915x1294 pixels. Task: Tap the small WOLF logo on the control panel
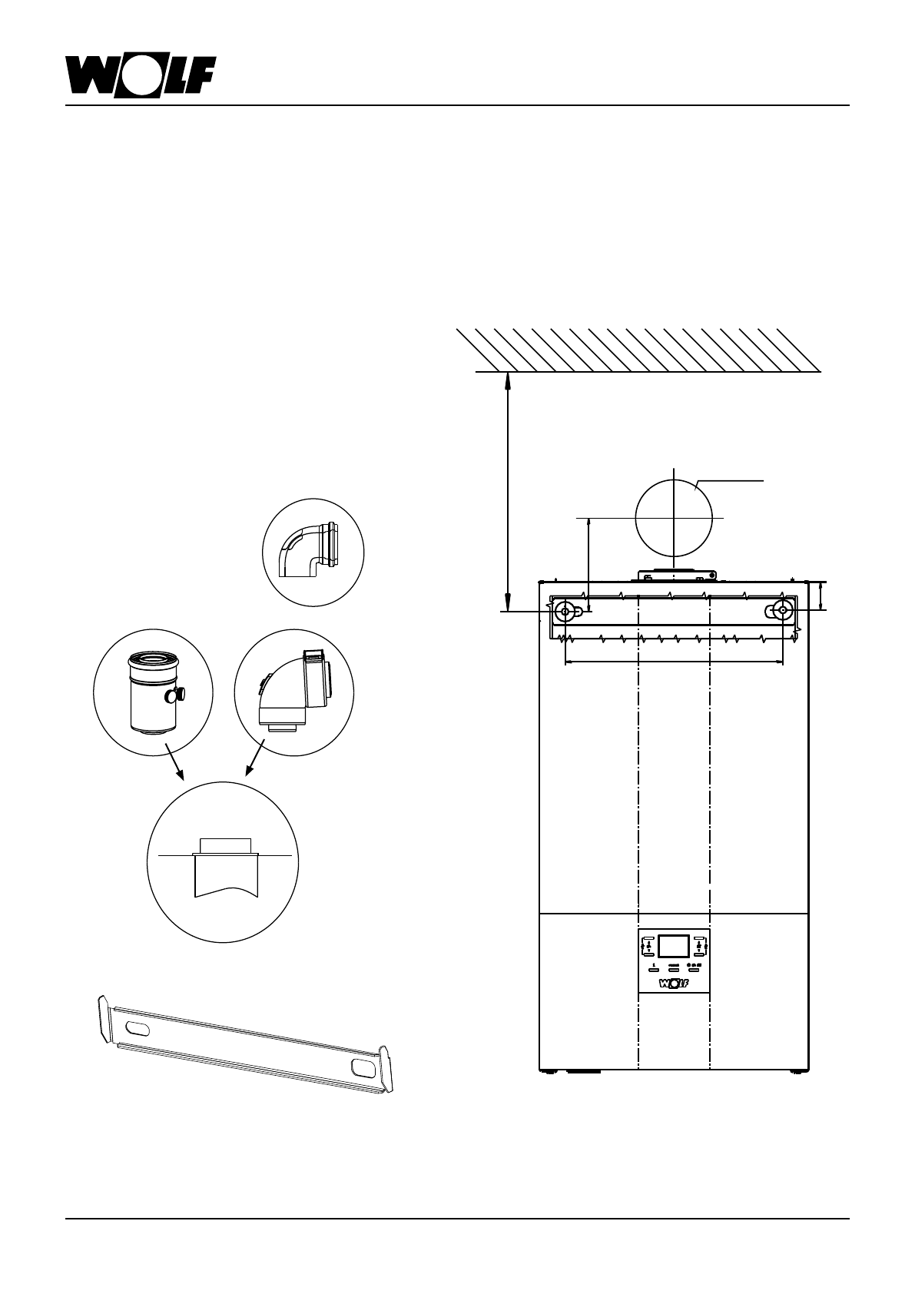[x=673, y=982]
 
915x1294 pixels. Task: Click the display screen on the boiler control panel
[x=673, y=946]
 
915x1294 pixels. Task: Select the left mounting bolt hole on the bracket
[x=565, y=612]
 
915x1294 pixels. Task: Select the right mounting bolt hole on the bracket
[x=782, y=612]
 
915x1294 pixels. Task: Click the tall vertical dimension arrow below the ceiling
[x=508, y=492]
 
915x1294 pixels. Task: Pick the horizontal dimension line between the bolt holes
[x=673, y=662]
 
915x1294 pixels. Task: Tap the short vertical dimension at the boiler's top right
[x=822, y=596]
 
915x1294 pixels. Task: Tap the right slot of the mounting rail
[x=360, y=1067]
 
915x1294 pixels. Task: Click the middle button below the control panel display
[x=673, y=968]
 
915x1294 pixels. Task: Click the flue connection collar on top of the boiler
[x=675, y=575]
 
